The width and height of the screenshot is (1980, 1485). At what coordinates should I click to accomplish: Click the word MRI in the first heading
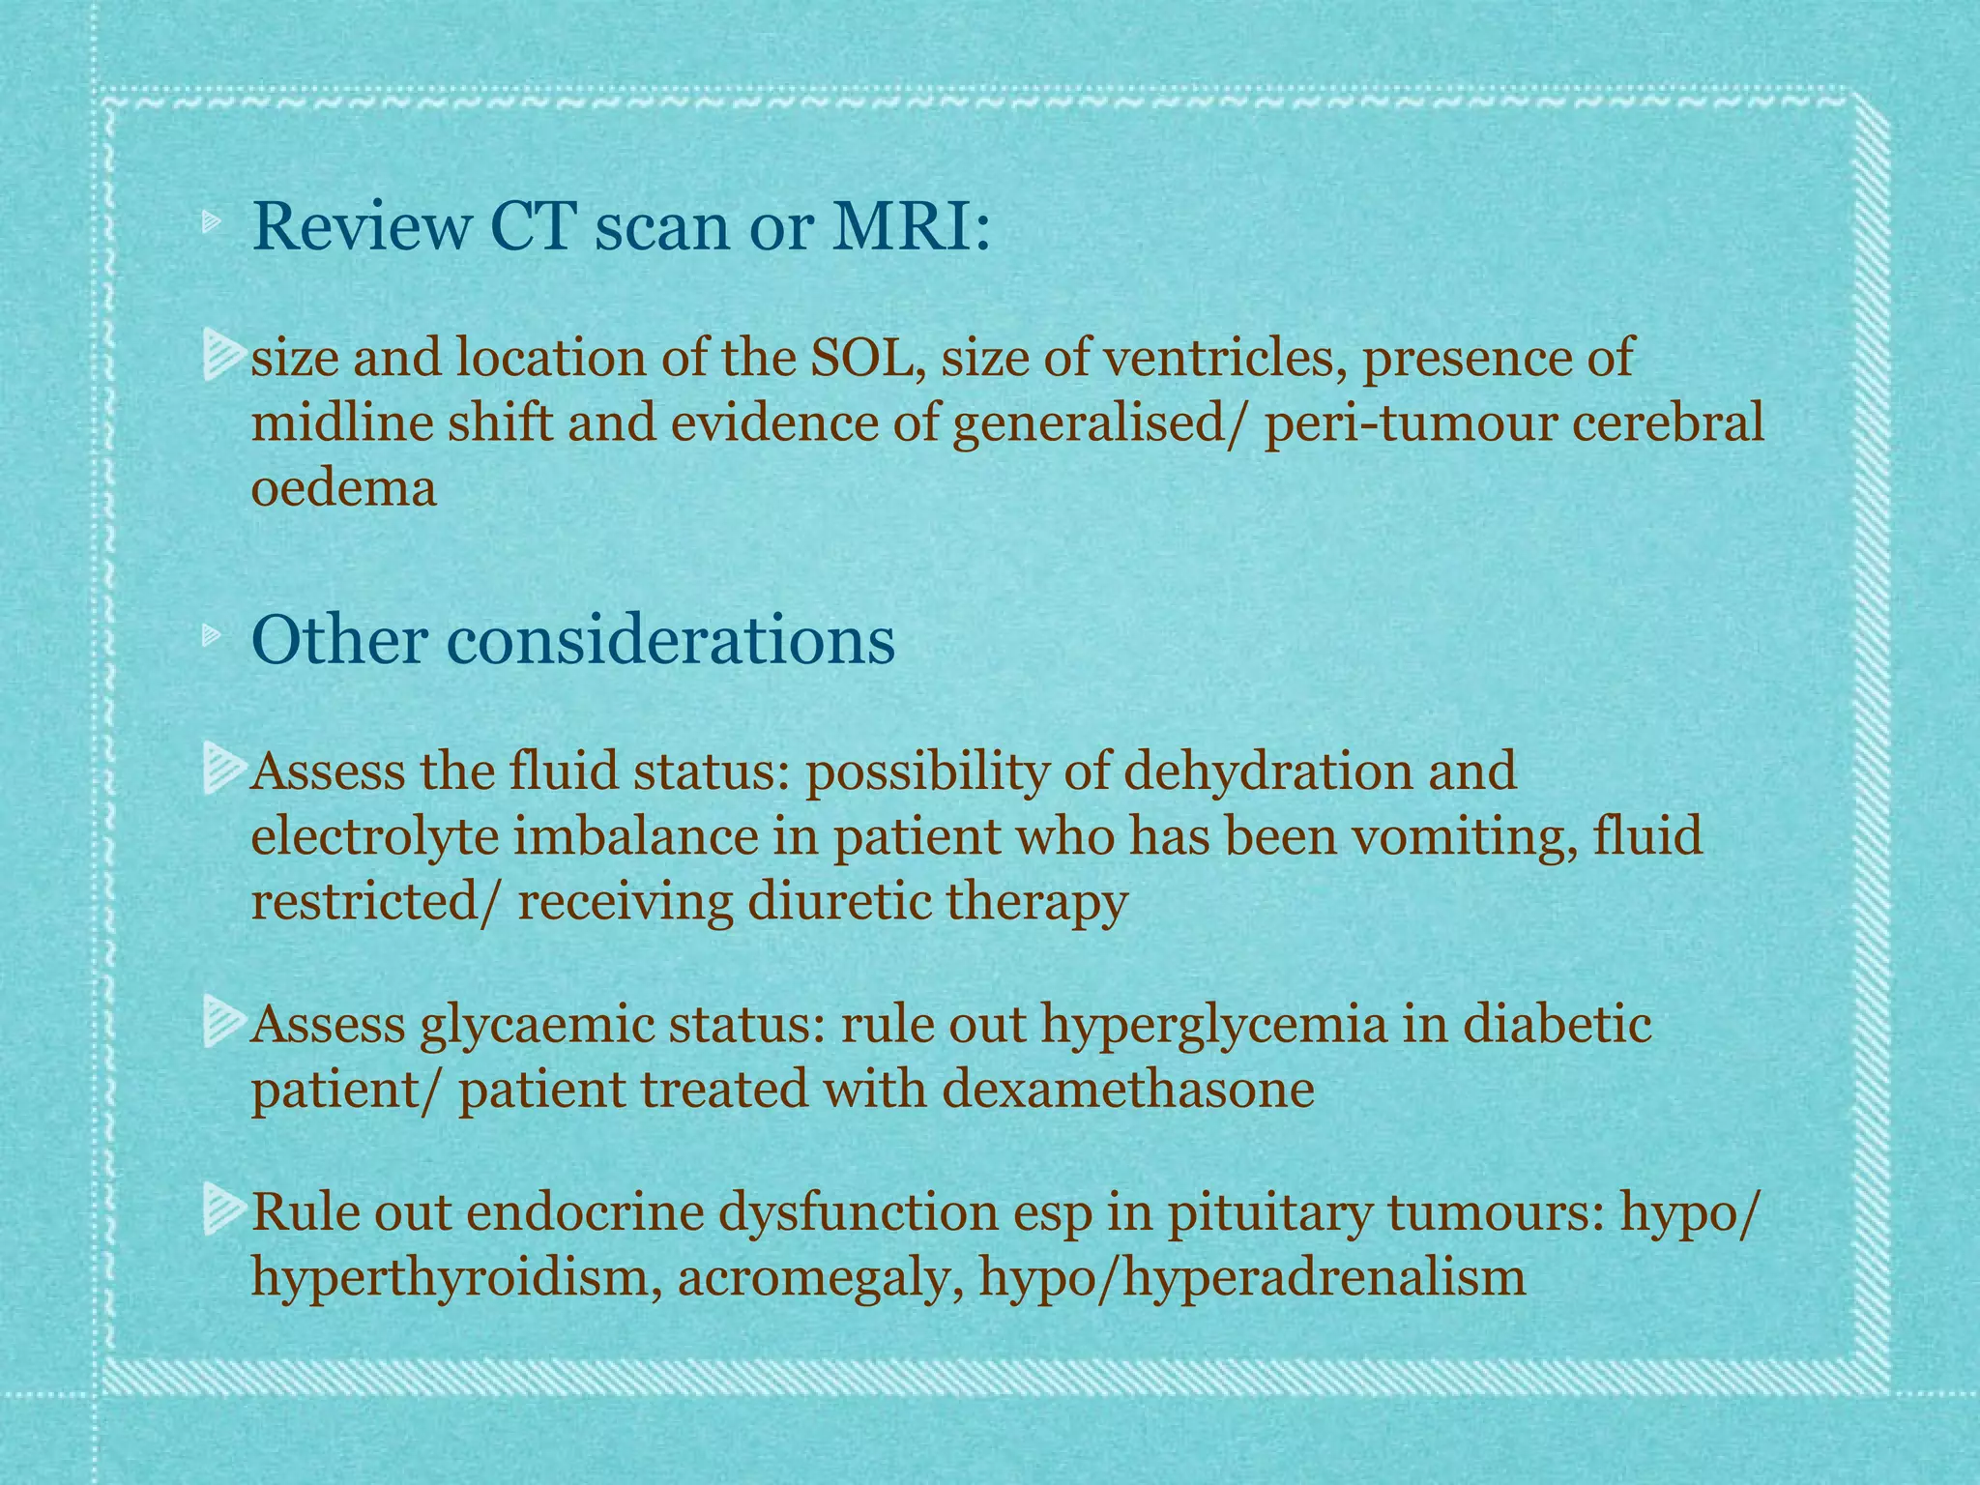[910, 228]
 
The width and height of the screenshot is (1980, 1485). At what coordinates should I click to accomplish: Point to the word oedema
[343, 488]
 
